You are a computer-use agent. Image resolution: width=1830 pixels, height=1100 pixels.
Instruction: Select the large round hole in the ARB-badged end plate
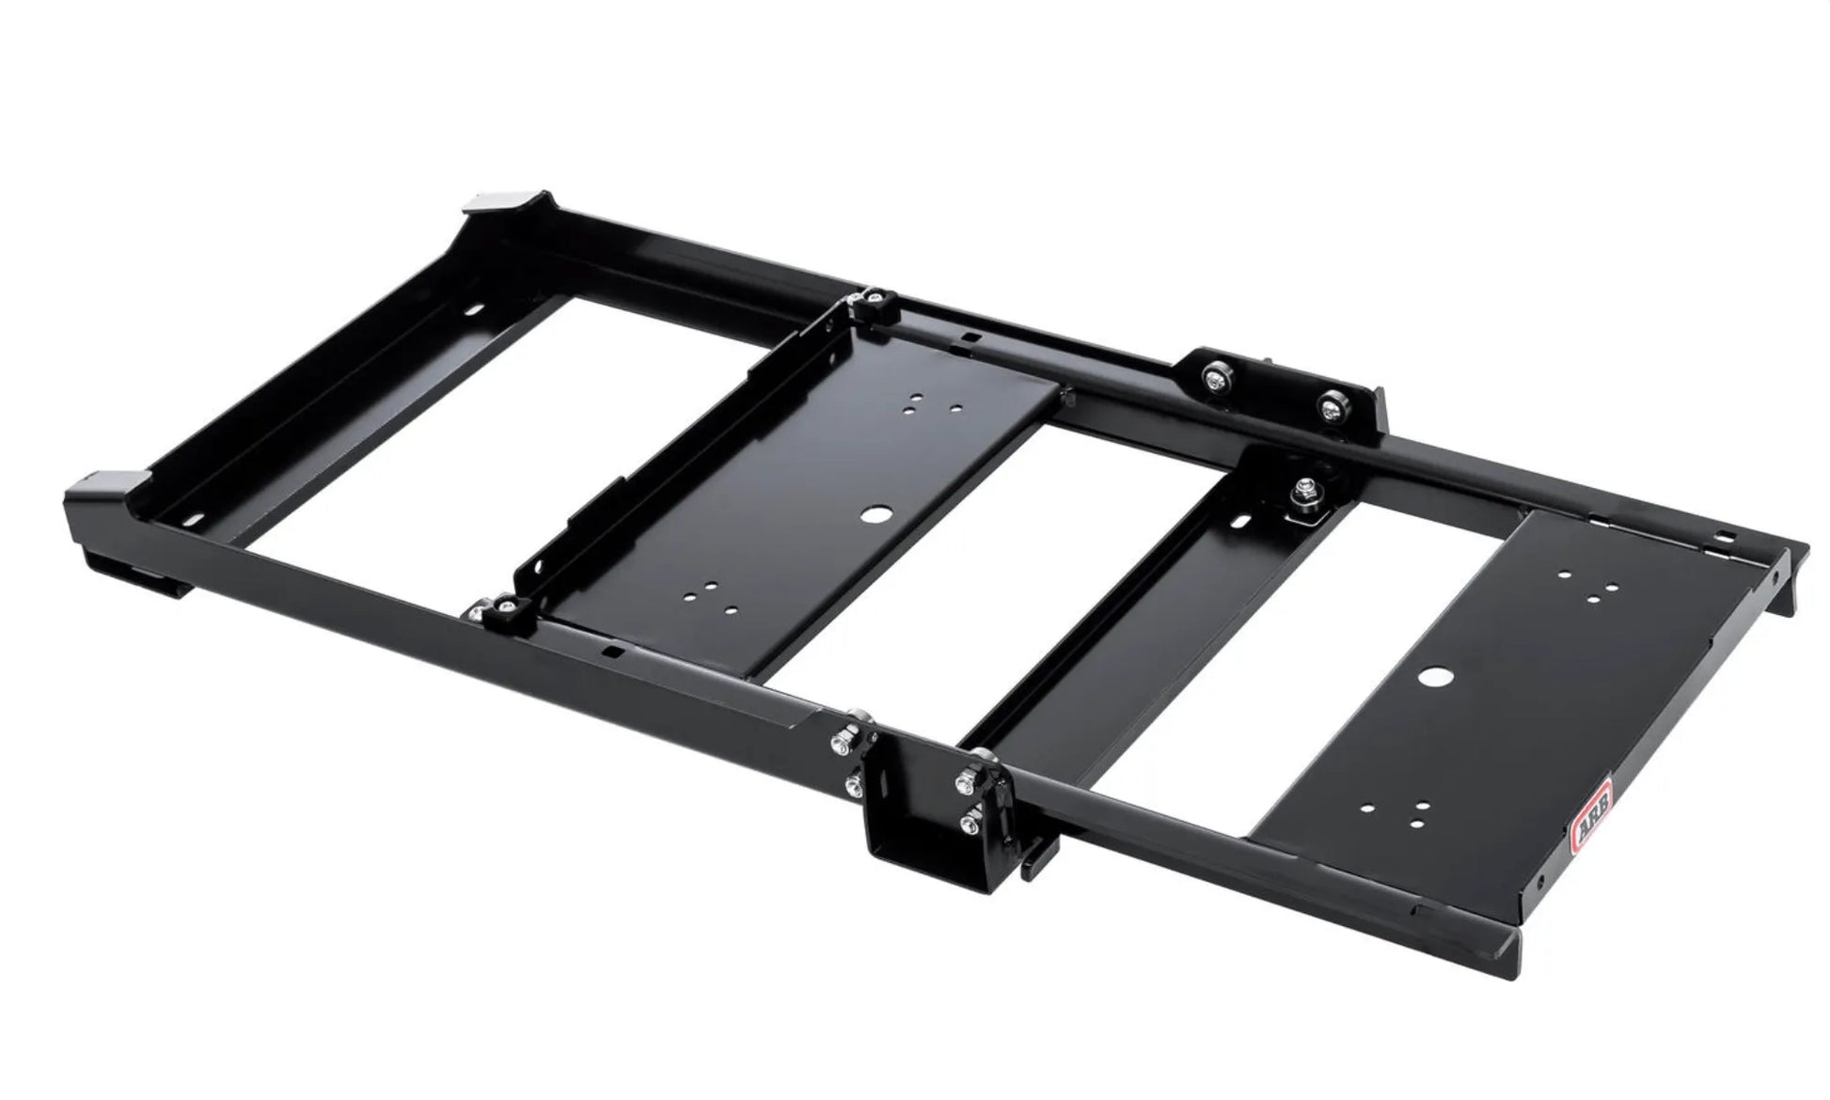[1436, 677]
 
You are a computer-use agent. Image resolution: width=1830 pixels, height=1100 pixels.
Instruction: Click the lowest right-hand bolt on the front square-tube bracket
[966, 825]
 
